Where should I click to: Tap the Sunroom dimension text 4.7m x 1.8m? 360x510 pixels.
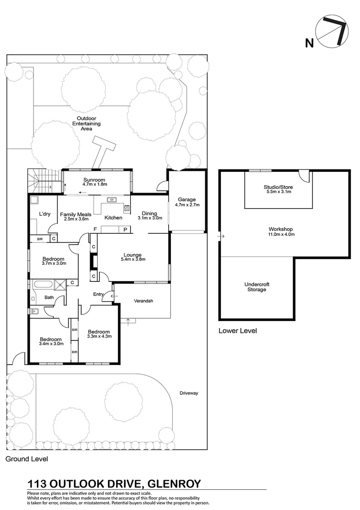[x=95, y=184]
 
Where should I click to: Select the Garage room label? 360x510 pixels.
[x=186, y=199]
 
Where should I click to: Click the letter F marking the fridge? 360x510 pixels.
[x=95, y=229]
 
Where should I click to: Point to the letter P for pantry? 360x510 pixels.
[x=126, y=229]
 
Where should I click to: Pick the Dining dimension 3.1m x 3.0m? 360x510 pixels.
[x=150, y=218]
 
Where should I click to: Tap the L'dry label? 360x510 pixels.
[x=45, y=214]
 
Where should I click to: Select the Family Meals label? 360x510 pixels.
[x=75, y=214]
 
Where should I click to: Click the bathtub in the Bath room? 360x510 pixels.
[x=41, y=285]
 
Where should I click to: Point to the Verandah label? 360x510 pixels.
[x=143, y=301]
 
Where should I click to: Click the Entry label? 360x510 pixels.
[x=98, y=294]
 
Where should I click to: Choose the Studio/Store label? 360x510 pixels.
[x=278, y=187]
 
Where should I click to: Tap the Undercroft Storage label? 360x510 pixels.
[x=257, y=287]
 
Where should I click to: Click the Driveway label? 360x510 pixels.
[x=189, y=393]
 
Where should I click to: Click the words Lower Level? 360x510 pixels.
[x=237, y=331]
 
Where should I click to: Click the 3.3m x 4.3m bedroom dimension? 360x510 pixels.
[x=99, y=336]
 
